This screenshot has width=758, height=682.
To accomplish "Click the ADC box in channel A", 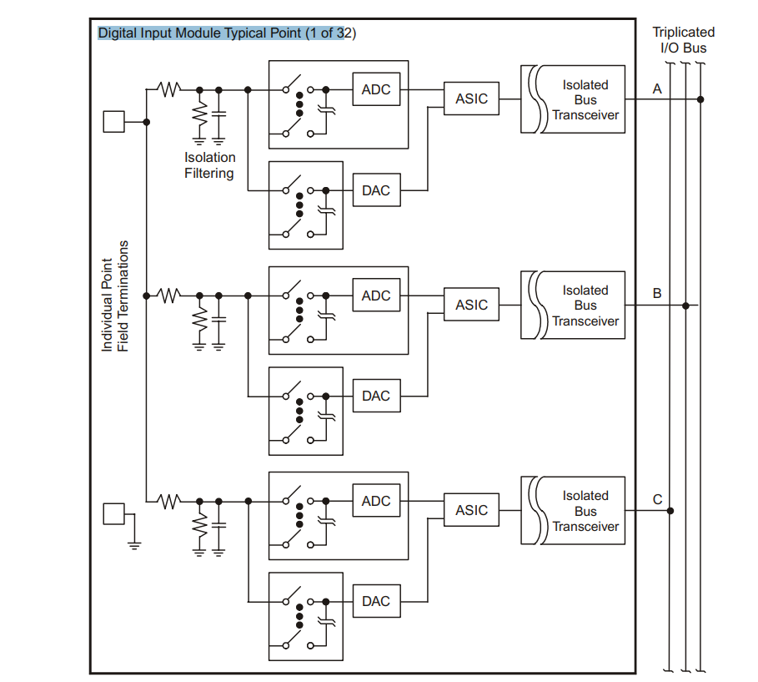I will point(376,89).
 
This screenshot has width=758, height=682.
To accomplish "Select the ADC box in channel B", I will point(376,296).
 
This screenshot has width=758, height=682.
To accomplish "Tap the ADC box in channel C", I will point(376,501).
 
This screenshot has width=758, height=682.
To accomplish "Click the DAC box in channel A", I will point(376,190).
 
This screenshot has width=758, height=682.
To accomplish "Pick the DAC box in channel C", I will point(376,601).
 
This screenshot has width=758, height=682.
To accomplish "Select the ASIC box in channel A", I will point(471,99).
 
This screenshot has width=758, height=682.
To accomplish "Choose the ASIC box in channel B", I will point(471,305).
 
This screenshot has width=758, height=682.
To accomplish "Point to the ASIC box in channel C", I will point(471,510).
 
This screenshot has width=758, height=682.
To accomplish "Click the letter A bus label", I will point(657,88).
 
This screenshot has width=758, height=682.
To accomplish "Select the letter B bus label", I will point(657,294).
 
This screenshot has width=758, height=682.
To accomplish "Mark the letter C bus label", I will point(657,500).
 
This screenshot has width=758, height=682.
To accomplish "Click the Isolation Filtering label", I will point(210,165).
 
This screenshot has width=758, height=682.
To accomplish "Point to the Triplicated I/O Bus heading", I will point(683,40).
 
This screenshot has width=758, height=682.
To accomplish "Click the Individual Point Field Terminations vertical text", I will point(115,296).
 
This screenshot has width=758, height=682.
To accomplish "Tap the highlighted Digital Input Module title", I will point(227,33).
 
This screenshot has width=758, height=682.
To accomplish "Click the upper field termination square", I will point(113,122).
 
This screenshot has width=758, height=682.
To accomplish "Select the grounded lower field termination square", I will point(113,513).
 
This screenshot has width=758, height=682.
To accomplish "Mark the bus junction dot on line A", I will point(700,99).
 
